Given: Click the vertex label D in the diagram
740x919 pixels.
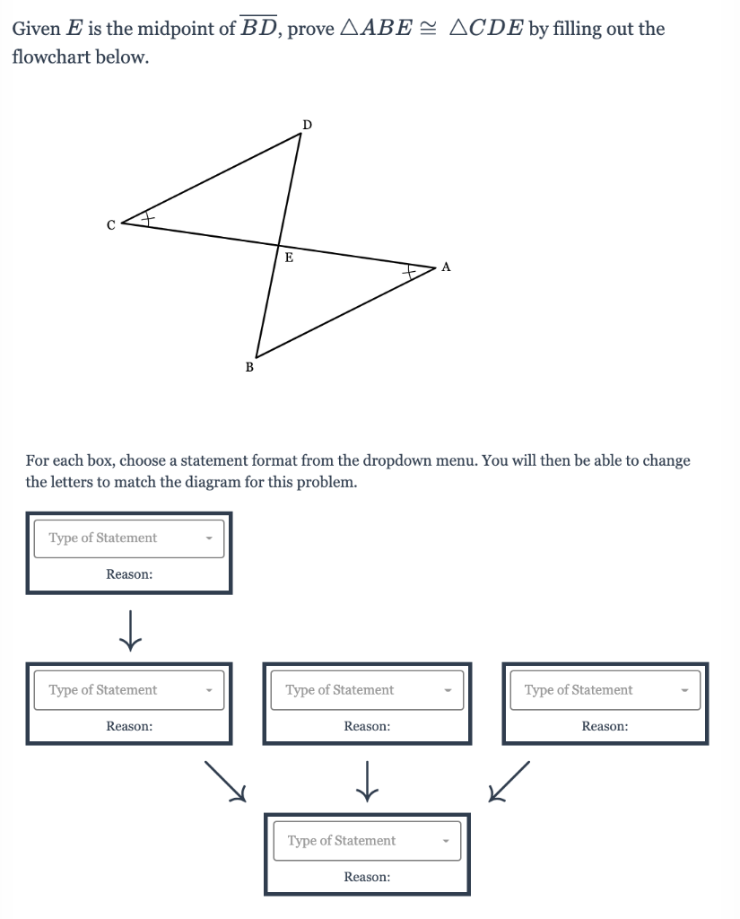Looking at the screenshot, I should pos(307,124).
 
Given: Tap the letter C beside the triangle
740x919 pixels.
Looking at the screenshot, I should pos(110,225).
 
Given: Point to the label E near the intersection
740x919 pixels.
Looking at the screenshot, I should pos(288,258).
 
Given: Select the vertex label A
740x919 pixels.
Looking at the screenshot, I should pos(447,267).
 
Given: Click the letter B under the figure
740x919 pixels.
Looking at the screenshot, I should pos(249,367).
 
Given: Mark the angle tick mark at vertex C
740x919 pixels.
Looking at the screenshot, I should pos(149,218).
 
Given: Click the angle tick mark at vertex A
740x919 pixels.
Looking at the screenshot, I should pos(410,270).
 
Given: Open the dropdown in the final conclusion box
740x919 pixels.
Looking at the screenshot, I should pos(367,841).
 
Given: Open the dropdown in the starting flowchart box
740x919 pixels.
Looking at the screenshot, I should pos(128,538).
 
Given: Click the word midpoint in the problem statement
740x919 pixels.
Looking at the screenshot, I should pos(186,29).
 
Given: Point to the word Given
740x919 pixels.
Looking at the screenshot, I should pos(36,29).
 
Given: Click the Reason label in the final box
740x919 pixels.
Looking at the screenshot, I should pos(367,877).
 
